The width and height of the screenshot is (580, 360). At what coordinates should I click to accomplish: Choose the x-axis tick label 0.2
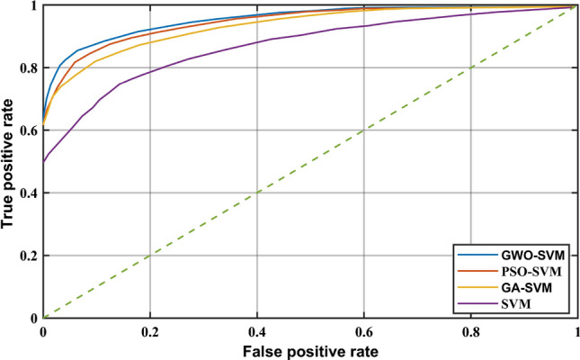pyautogui.click(x=150, y=329)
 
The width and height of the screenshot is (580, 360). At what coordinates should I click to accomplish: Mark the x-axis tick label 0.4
pyautogui.click(x=257, y=329)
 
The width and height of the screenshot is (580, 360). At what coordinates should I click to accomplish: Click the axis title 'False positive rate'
pyautogui.click(x=309, y=349)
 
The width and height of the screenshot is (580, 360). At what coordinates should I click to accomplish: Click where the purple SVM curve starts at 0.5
pyautogui.click(x=43, y=162)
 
